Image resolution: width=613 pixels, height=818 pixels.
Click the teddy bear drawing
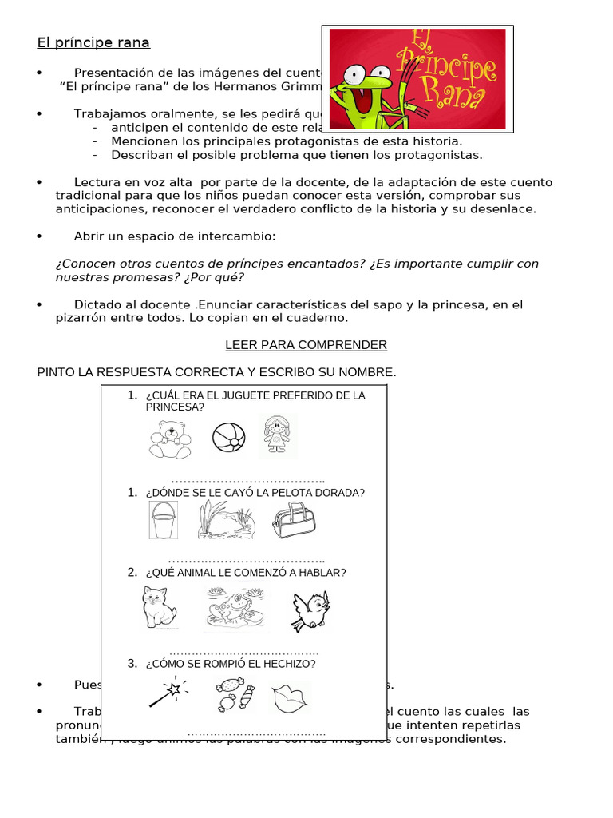pyautogui.click(x=170, y=438)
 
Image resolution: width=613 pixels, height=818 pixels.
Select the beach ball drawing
pyautogui.click(x=229, y=437)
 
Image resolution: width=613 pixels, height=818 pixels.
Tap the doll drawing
pyautogui.click(x=277, y=436)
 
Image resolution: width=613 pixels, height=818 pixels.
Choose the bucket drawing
pyautogui.click(x=163, y=520)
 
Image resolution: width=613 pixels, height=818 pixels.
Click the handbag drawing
pyautogui.click(x=293, y=521)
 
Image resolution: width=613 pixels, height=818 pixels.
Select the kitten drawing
pyautogui.click(x=159, y=608)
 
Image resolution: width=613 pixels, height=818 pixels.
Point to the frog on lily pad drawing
pyautogui.click(x=231, y=610)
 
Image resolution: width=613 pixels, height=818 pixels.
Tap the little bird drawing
pyautogui.click(x=309, y=610)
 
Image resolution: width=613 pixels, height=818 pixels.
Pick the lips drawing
pyautogui.click(x=289, y=698)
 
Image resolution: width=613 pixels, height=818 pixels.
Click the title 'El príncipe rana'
pyautogui.click(x=93, y=42)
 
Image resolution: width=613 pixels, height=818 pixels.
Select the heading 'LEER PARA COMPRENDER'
pyautogui.click(x=306, y=345)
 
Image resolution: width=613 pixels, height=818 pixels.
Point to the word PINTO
pyautogui.click(x=58, y=372)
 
